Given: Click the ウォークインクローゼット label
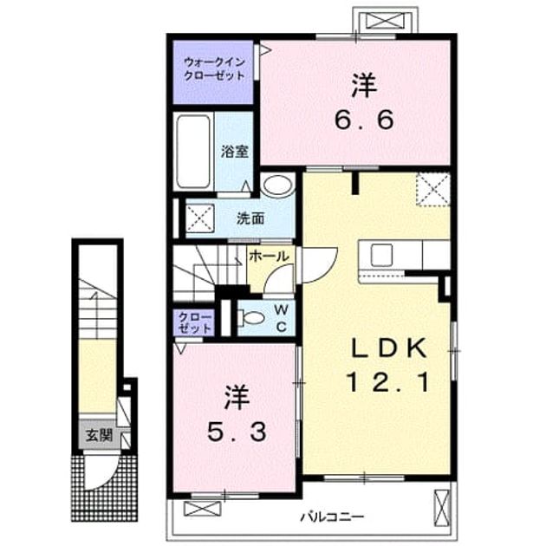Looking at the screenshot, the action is [x=214, y=69].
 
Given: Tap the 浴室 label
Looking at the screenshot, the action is [x=234, y=152].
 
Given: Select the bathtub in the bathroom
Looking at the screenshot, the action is [x=193, y=152].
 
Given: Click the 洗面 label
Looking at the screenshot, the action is [x=250, y=218].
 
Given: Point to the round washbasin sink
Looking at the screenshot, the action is [x=277, y=185].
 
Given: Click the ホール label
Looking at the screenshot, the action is [x=270, y=257].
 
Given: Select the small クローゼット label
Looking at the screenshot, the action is [x=194, y=322].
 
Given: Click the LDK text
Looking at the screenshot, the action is [x=389, y=348].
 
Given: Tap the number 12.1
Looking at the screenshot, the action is [x=387, y=382].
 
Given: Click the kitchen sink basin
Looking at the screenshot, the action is [x=381, y=255].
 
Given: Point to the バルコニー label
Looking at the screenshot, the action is [x=332, y=517].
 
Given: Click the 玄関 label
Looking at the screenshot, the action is [x=100, y=435].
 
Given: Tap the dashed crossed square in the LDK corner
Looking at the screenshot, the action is [x=433, y=189].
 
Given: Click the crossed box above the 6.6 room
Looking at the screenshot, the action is [x=385, y=20].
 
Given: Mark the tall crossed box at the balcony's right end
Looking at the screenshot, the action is [x=441, y=508].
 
